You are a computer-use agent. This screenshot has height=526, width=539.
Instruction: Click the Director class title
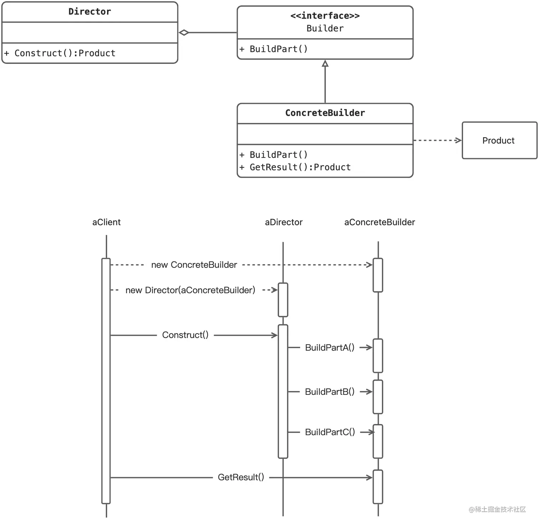point(89,12)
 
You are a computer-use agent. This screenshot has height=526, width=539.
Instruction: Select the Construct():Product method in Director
point(65,53)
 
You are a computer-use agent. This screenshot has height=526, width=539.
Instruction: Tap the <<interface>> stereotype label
point(325,16)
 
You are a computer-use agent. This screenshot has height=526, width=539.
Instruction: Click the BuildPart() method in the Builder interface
point(278,49)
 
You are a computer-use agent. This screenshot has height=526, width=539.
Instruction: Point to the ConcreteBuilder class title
point(325,113)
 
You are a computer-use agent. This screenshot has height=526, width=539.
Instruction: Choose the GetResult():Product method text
point(300,167)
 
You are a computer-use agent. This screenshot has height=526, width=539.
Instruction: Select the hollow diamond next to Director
point(184,33)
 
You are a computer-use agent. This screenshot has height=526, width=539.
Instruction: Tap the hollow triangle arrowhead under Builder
point(325,64)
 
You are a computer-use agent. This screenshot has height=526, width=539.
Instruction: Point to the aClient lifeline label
point(106,222)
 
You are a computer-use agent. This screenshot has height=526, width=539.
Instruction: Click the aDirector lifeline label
point(283,222)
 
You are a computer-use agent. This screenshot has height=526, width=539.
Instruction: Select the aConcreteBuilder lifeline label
point(379,222)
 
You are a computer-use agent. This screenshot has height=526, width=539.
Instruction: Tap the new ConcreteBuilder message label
point(194,265)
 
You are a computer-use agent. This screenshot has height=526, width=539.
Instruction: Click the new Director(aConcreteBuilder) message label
point(190,290)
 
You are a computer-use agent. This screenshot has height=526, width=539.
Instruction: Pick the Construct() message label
point(185,335)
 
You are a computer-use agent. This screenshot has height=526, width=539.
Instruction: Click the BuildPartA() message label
point(329,347)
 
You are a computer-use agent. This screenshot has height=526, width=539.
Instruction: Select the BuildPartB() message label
point(329,392)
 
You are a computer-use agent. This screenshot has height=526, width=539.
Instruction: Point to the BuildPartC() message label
point(330,432)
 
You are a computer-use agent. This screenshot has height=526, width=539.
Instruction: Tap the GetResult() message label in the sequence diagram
point(241,477)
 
